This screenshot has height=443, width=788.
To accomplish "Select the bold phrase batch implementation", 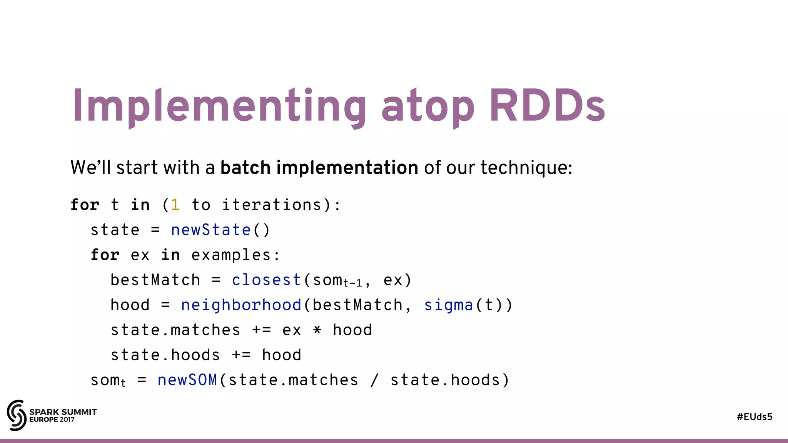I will point(319,168).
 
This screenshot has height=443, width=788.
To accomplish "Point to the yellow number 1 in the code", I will point(175,205).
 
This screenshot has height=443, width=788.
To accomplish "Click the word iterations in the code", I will point(272,205).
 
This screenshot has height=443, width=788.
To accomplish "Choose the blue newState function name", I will point(211,230).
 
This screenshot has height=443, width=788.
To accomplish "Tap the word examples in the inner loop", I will point(231,255).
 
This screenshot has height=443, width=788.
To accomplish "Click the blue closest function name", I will point(266,280).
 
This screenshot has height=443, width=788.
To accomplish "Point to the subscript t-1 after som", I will point(352,284).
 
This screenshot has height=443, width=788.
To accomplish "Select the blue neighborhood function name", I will point(241,305).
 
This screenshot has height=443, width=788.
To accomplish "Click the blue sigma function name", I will point(448,305).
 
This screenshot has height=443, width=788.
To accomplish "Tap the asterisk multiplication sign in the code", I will point(317,330).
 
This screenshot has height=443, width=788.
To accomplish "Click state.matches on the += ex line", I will point(175,330).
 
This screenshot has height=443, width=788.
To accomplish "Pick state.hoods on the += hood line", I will point(165,355).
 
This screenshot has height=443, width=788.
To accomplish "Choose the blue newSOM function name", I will point(187,380).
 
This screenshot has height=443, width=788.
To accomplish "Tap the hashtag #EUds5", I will point(755,417).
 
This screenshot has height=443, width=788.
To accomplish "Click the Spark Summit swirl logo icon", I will point(17,415).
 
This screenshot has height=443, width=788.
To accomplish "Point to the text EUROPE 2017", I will point(52,420).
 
